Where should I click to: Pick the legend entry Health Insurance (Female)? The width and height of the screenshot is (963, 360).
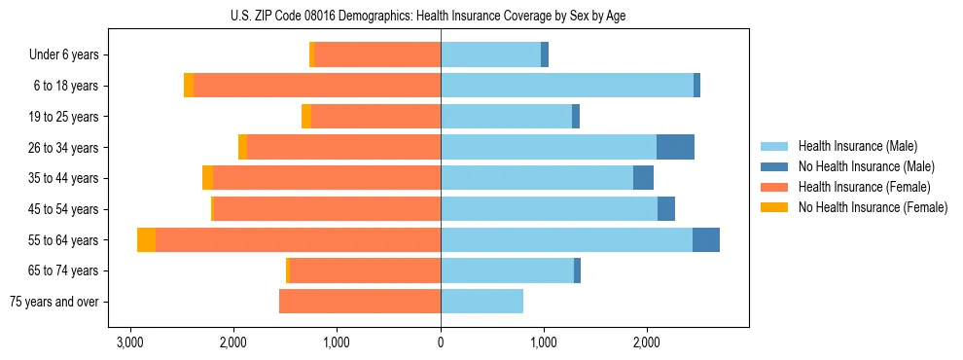point(857,187)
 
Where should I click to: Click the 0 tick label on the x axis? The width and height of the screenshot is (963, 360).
point(441,342)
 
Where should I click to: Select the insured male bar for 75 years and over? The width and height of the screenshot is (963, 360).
point(481,302)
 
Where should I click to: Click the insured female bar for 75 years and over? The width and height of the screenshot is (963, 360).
point(360,302)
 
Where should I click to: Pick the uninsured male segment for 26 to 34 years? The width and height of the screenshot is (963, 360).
point(675,148)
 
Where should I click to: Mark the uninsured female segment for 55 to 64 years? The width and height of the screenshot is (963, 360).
point(146,240)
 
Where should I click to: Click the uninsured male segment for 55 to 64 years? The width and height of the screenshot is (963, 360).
point(706,240)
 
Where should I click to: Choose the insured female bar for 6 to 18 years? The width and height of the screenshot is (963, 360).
point(317,86)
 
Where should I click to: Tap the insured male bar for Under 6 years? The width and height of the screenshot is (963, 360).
point(490,55)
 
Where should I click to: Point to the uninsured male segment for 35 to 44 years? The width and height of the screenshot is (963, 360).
point(643,178)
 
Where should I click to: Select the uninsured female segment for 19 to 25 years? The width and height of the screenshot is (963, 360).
point(306,117)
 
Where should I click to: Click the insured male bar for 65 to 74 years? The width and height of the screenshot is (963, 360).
point(507,270)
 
